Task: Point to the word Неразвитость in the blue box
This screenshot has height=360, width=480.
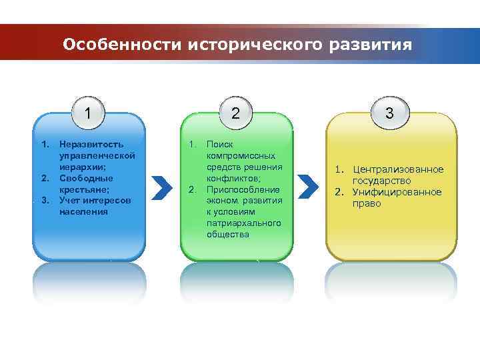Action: [91, 144]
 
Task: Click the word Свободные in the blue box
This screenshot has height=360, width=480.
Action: [86, 178]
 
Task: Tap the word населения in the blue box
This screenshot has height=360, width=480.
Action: [83, 212]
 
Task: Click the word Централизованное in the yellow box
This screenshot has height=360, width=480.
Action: [398, 170]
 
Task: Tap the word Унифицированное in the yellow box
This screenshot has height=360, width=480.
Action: [397, 192]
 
